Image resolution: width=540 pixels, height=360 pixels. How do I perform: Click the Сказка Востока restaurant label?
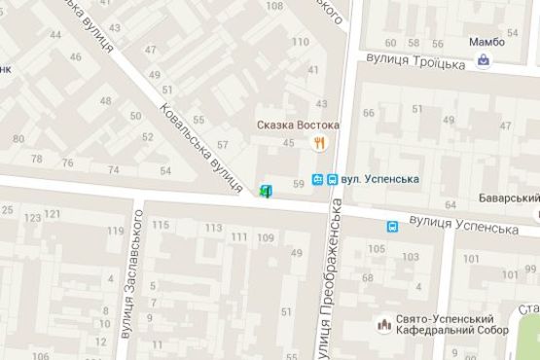(x=299, y=126)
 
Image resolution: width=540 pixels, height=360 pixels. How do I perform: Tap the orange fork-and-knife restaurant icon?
(x=318, y=143)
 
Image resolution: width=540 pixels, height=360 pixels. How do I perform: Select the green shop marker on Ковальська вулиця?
(x=266, y=190)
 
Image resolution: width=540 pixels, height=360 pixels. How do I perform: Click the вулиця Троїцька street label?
(x=415, y=61)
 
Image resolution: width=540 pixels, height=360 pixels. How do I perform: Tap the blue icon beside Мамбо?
(x=485, y=62)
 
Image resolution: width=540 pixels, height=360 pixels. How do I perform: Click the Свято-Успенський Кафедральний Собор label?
(x=446, y=326)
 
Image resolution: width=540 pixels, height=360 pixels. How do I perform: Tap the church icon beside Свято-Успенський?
(x=382, y=322)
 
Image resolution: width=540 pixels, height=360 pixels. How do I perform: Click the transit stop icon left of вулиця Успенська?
(x=391, y=227)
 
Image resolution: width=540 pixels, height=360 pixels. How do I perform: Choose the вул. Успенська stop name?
(x=380, y=179)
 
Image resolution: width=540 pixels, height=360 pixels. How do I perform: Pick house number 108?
(x=274, y=8)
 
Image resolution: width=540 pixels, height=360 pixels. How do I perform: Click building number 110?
(x=300, y=42)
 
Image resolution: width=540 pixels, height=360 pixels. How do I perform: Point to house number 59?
(x=298, y=172)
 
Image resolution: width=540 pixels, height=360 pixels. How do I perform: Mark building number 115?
(x=162, y=226)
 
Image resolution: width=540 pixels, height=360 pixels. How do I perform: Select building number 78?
(x=38, y=160)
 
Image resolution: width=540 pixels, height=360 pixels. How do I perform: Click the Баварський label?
(x=510, y=198)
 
